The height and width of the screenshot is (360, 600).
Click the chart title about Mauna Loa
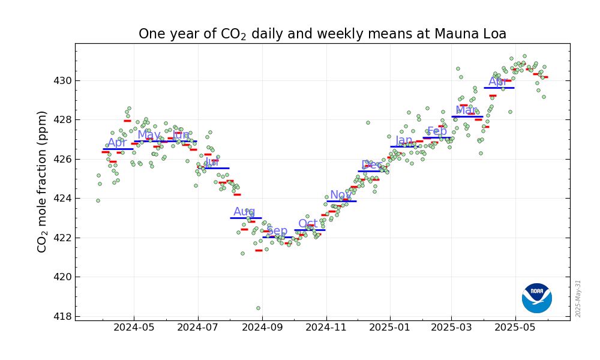coord(322,34)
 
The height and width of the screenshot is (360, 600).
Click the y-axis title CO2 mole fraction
coord(42,181)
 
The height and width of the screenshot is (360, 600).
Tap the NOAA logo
coord(536,298)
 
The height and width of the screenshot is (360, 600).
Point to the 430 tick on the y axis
coord(63,80)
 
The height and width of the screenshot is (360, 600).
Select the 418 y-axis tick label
coord(63,316)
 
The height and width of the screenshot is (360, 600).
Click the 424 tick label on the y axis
coord(63,198)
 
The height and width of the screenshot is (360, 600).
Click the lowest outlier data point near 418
coord(258,308)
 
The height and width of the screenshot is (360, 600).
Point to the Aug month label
coord(244,211)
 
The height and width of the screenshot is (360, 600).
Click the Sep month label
coord(277,230)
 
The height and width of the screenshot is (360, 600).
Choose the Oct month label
coord(308,223)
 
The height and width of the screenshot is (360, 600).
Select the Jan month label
coord(404,140)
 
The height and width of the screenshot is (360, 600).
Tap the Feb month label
coord(437,131)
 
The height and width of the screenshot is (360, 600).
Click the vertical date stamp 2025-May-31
coord(578,298)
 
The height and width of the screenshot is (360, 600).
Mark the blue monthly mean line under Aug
coord(246,218)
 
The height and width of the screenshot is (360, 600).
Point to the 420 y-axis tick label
coord(63,277)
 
